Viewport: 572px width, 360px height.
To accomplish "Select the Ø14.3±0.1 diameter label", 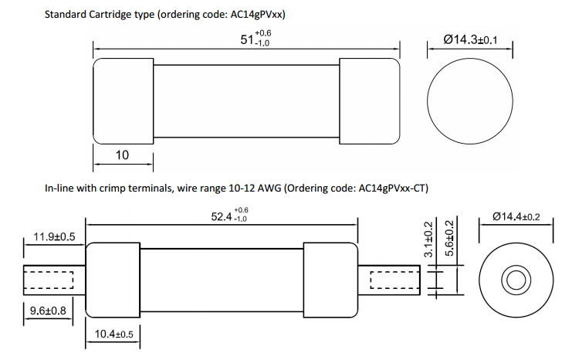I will pos(470,39).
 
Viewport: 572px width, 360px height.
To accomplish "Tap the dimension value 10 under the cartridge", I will pos(122,155).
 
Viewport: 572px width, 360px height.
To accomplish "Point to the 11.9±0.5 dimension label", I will pos(55,237).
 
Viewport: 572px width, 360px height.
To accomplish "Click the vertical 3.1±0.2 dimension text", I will pos(429,240).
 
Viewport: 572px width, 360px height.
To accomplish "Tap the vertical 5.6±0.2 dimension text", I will pos(450,240).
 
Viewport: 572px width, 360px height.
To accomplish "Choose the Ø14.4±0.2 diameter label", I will pos(518,217).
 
